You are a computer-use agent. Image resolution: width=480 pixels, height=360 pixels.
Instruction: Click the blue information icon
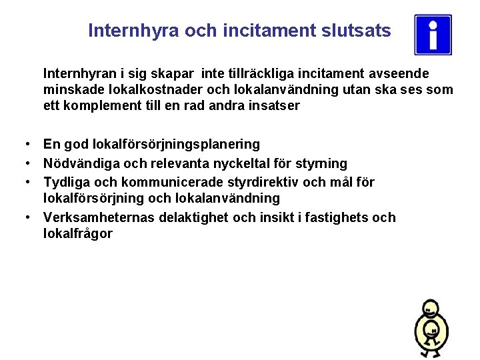tap(433, 35)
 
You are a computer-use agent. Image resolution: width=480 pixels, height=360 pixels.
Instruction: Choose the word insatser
tap(274, 106)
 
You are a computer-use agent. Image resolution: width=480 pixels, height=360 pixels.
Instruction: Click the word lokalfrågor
tap(77, 234)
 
